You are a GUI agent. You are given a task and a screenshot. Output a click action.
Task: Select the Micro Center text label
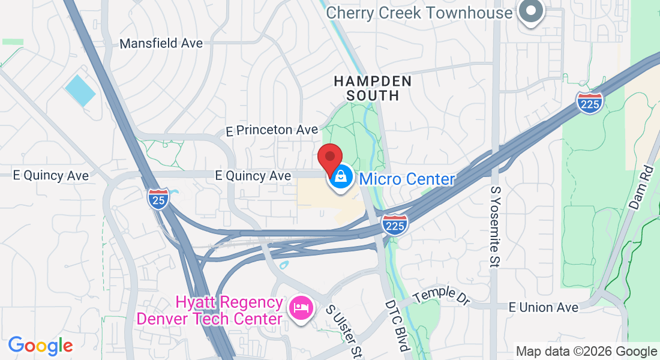407,179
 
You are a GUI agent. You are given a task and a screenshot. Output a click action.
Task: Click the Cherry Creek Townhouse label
420,13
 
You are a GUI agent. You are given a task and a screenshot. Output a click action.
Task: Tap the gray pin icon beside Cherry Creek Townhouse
531,11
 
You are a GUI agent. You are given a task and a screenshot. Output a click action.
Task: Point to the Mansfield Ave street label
161,43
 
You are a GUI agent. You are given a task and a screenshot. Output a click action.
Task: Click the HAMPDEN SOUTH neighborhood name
373,88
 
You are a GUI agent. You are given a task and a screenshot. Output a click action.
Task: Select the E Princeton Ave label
272,130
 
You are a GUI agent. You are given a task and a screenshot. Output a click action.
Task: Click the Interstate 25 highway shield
157,198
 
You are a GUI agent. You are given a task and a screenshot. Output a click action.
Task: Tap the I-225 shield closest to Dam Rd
590,103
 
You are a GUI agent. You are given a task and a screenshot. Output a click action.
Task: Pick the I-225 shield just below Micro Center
395,224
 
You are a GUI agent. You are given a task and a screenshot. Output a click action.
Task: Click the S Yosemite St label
496,227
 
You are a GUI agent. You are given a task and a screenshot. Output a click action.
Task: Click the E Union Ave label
544,307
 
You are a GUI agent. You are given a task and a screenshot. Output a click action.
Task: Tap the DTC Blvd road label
397,326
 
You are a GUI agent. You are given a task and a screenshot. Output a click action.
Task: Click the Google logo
40,346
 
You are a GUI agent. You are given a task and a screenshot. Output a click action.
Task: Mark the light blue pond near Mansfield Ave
80,91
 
